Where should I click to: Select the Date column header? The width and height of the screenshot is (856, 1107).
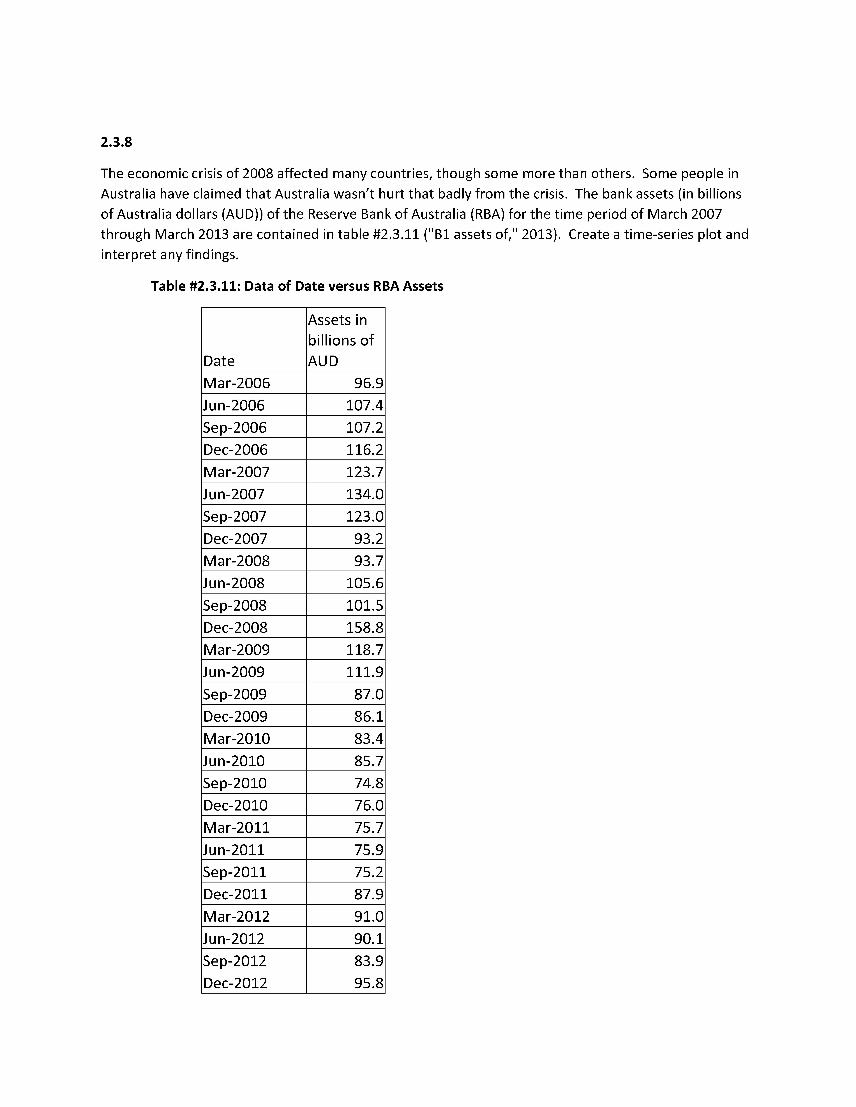coord(219,361)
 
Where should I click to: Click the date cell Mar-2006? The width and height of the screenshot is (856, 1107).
coord(236,383)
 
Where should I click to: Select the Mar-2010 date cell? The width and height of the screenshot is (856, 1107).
coord(236,739)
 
